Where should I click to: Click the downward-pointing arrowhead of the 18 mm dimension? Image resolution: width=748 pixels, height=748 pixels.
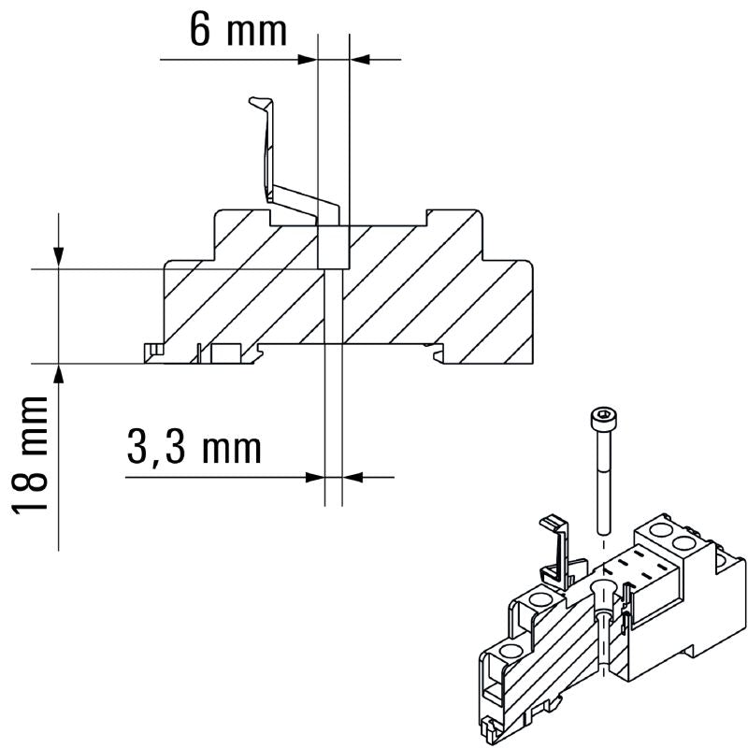(x=59, y=258)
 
